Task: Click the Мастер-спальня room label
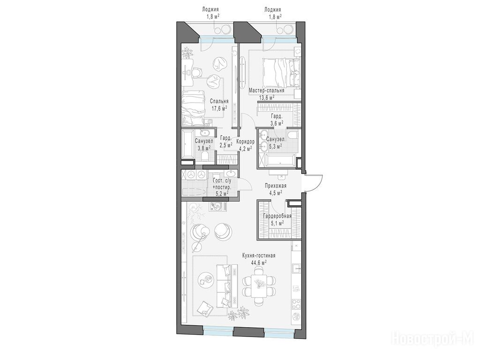coord(266,90)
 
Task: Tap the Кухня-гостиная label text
coord(259,255)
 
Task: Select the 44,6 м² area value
coord(259,262)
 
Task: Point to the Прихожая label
coord(276,186)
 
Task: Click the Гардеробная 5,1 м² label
coord(277,219)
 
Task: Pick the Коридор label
coord(246,142)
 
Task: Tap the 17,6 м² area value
coord(219,108)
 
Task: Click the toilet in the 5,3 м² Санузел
coord(293,135)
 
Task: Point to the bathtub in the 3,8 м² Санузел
coord(187,144)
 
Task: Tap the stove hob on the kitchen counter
coord(296,304)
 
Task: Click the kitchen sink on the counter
coord(296,269)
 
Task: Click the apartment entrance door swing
coord(314,184)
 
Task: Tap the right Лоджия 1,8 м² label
coord(273,13)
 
